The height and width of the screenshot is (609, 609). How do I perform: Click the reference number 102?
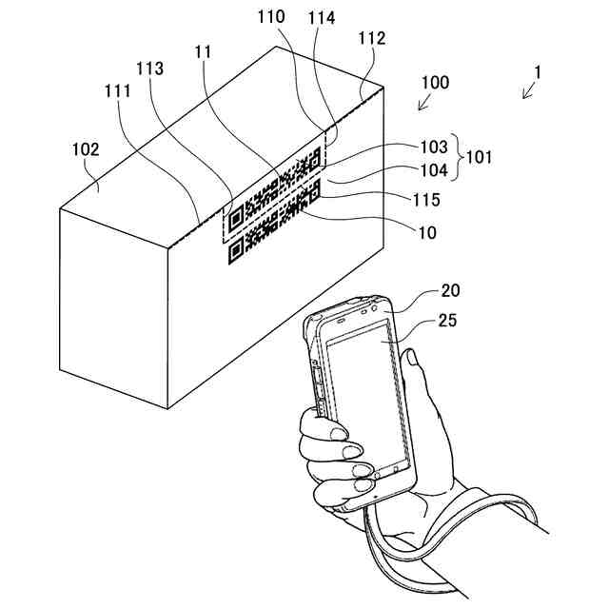coord(87,149)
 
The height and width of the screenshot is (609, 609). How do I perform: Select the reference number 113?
coord(150,69)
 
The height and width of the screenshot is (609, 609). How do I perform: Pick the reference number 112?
coord(372,38)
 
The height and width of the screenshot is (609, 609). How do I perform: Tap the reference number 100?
coord(435,83)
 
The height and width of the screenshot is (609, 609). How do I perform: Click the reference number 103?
coord(433,147)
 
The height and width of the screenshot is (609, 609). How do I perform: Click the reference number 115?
coord(426,200)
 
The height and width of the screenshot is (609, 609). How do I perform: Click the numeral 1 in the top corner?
coord(538,71)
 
